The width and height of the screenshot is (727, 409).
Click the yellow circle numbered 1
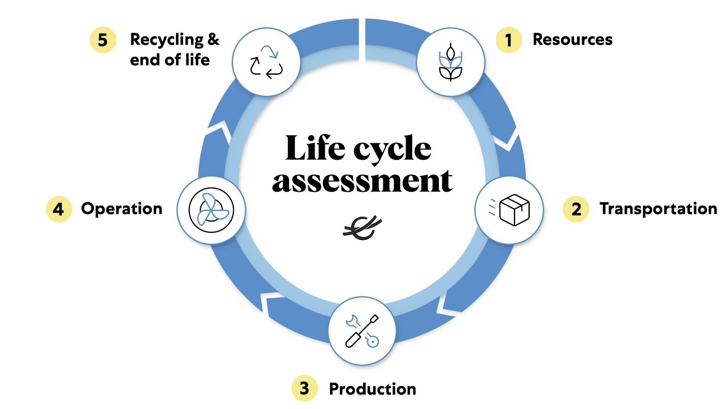pos(509,40)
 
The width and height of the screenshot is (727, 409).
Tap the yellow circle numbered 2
pos(576,209)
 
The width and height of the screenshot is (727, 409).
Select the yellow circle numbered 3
pos(304,388)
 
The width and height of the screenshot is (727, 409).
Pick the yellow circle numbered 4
pos(59,209)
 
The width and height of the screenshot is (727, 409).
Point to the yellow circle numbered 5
pos(103,40)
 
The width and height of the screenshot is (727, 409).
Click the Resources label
pos(572,39)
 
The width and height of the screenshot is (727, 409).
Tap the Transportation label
pos(658,209)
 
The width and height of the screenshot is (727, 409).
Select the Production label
pos(372,389)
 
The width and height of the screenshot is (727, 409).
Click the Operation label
pos(122,209)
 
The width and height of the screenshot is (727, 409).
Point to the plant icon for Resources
pos(450,62)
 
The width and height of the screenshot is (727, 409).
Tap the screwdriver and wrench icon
pos(362,331)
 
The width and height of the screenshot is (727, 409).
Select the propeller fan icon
pos(211,210)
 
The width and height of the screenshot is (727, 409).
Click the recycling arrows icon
pos(266,62)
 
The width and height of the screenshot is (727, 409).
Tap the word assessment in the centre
pos(362,181)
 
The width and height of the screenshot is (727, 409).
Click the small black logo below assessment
pos(362,228)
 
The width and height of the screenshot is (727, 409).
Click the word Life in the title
pos(315,148)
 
